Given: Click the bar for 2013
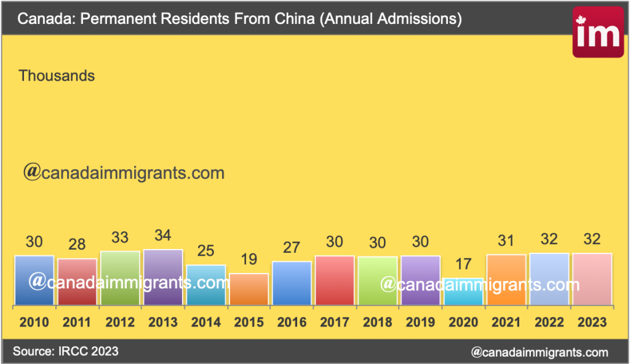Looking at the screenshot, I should (x=163, y=277).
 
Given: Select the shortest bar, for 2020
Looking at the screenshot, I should (x=463, y=291).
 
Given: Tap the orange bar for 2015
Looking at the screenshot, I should (x=249, y=289).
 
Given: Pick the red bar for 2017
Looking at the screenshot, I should (x=334, y=280).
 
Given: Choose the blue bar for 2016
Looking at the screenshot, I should (x=292, y=283).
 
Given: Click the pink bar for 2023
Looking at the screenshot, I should (x=592, y=279).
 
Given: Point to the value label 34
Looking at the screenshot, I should (x=163, y=235).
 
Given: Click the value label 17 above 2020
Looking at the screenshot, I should (x=463, y=264).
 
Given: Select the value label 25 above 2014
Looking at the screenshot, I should (x=206, y=251).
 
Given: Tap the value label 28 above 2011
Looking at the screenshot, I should (x=77, y=245).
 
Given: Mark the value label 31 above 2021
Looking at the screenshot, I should (x=506, y=241).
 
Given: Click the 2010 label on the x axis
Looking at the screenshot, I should (x=34, y=322).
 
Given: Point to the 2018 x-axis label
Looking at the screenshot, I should (x=377, y=322).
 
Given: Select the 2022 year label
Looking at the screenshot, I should (x=549, y=322).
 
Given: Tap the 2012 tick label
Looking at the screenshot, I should (x=120, y=322).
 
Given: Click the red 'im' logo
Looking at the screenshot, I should (x=597, y=33).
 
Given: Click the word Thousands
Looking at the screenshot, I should (x=57, y=76).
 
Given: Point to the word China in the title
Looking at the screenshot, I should (x=292, y=19).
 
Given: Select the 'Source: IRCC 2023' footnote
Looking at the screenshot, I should (x=66, y=351).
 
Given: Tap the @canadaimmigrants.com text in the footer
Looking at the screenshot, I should (x=539, y=352).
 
